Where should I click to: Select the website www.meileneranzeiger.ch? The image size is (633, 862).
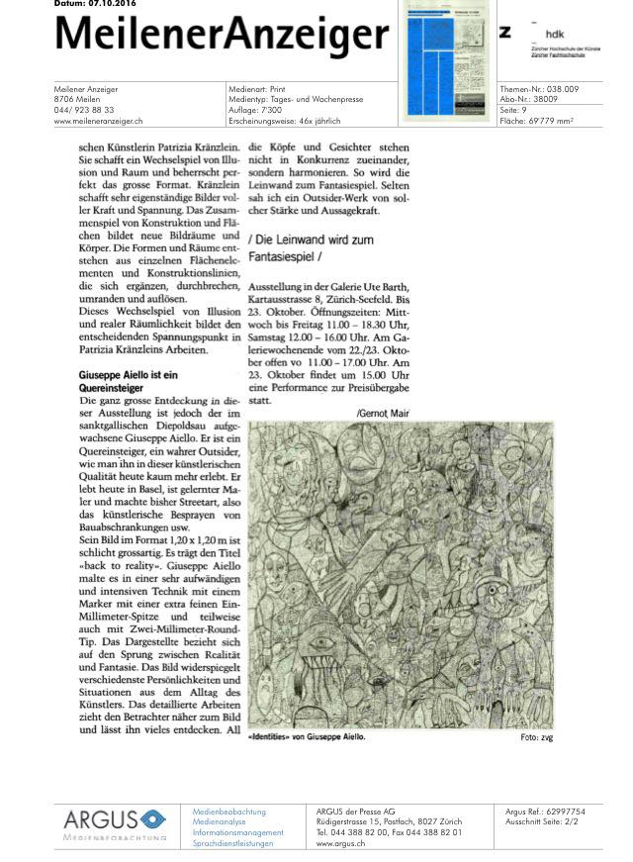tap(99, 121)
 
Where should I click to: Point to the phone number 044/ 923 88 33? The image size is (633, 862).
tap(84, 110)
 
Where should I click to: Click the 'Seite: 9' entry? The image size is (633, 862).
tap(515, 110)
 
